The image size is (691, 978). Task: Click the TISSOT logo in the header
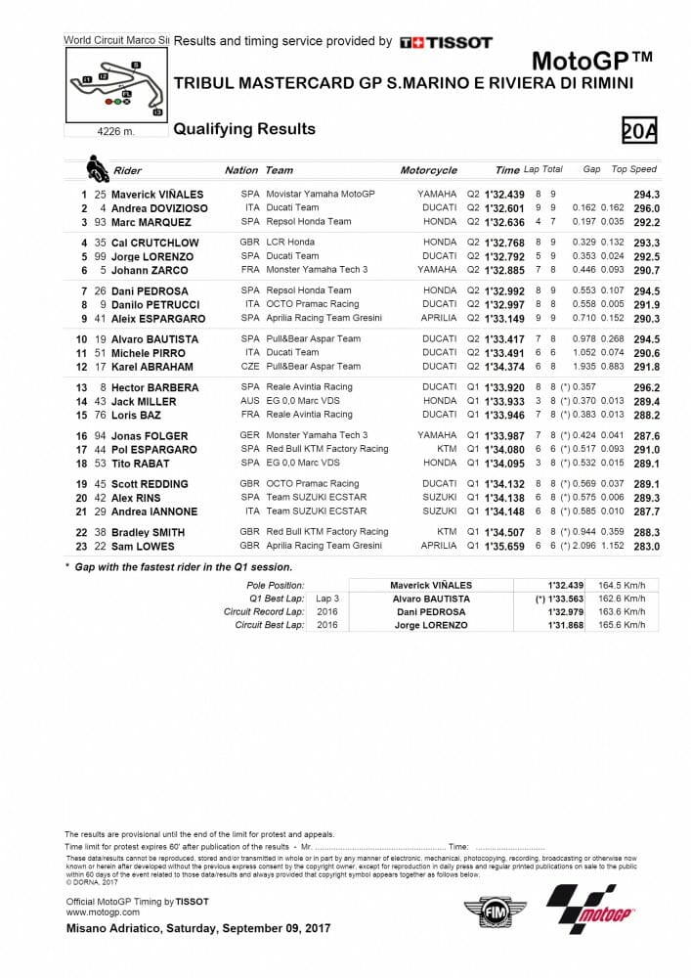pyautogui.click(x=446, y=42)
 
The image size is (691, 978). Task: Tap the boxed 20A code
pyautogui.click(x=639, y=129)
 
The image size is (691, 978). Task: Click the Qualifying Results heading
pyautogui.click(x=244, y=129)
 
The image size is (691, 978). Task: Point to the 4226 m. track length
pyautogui.click(x=116, y=130)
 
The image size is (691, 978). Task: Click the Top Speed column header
pyautogui.click(x=633, y=170)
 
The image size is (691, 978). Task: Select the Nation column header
pyautogui.click(x=241, y=170)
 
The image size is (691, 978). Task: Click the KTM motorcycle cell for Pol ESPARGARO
pyautogui.click(x=447, y=449)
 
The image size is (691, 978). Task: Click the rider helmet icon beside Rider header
pyautogui.click(x=98, y=169)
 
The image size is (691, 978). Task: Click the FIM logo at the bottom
pyautogui.click(x=494, y=911)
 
